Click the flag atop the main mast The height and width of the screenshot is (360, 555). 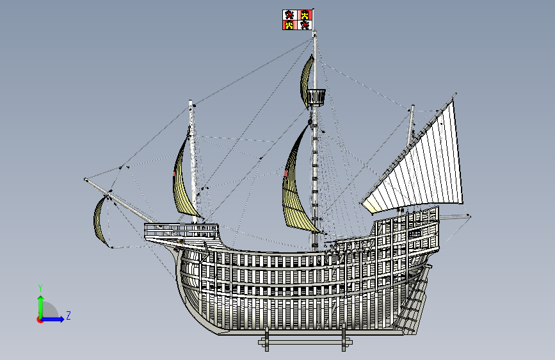coord(298,19)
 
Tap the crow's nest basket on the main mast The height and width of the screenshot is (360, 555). coord(315,97)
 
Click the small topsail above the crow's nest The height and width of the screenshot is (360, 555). coord(308,76)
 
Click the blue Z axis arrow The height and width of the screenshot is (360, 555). coord(56,318)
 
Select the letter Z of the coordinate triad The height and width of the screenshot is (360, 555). coord(68,315)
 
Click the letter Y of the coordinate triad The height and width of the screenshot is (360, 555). coord(40,288)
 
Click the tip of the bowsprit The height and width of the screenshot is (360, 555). coord(86,179)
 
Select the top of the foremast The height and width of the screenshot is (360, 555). coord(190,102)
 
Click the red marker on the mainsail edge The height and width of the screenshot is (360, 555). coord(286,173)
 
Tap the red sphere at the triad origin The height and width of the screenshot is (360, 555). coord(40,320)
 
